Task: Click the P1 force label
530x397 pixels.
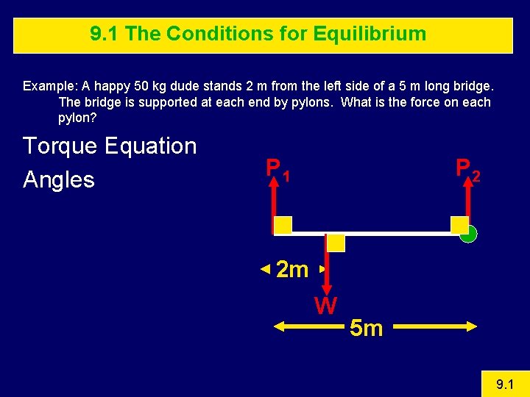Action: click(x=278, y=170)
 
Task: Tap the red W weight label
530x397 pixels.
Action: click(x=325, y=305)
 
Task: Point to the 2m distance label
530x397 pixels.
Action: click(x=291, y=270)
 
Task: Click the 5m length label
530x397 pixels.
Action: click(x=366, y=328)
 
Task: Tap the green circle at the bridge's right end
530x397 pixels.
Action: click(x=468, y=235)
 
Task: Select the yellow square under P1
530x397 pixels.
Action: click(x=283, y=225)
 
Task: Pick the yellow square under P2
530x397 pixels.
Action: click(x=459, y=225)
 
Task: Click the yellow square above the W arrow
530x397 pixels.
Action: click(x=336, y=243)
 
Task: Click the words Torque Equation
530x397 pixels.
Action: click(x=110, y=146)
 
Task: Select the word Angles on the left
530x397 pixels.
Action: click(x=59, y=179)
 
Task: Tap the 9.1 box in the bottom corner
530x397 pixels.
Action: click(x=504, y=383)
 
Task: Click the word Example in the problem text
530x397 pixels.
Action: click(x=46, y=86)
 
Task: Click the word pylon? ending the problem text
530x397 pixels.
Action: click(x=77, y=118)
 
